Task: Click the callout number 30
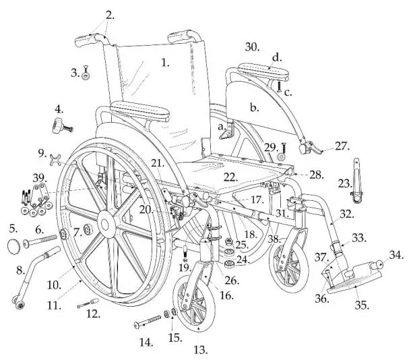click(x=252, y=47)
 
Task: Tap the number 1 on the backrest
click(x=165, y=63)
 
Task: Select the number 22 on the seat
click(x=230, y=177)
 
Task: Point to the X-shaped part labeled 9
click(x=55, y=160)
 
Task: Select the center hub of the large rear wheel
click(x=106, y=224)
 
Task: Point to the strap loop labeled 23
click(x=356, y=181)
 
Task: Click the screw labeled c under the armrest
click(x=279, y=86)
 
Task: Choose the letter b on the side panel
click(x=254, y=108)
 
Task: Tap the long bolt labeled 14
click(x=148, y=321)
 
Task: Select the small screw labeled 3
click(x=86, y=73)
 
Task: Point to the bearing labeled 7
click(x=88, y=230)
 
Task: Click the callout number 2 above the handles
click(x=110, y=16)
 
